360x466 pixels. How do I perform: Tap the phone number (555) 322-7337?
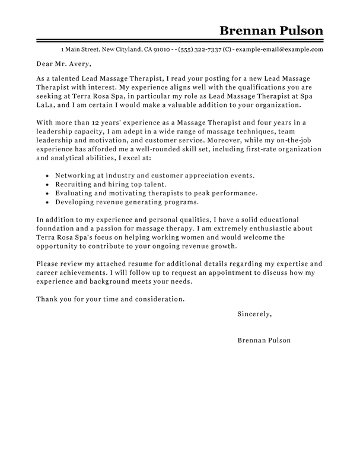pos(208,49)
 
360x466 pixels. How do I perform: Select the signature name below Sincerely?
pos(264,341)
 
